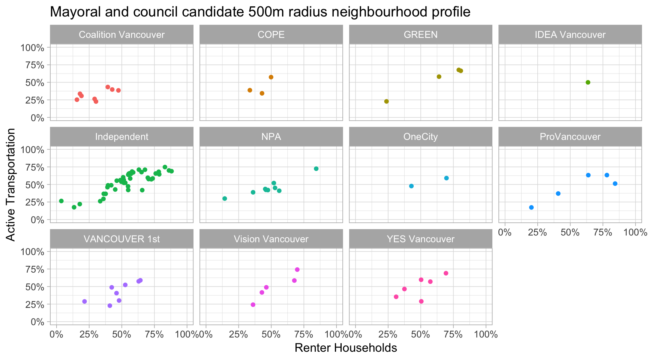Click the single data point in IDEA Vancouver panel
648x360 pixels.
pos(588,82)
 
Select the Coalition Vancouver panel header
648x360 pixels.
pos(121,35)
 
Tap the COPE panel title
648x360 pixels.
pos(271,35)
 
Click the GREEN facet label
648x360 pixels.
pos(420,35)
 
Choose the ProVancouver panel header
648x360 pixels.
pos(570,137)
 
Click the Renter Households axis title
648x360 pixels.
pos(345,348)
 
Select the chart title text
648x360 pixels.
pos(260,12)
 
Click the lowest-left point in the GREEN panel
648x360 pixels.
pos(386,101)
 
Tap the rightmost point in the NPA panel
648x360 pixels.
pos(316,169)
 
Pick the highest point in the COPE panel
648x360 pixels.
pos(271,77)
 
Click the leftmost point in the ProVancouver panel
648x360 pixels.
pos(531,207)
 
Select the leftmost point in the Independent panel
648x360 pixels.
pos(61,201)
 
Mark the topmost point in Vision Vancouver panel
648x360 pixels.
pos(297,270)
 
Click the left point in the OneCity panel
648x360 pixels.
pos(411,186)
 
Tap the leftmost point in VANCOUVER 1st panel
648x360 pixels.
pos(84,301)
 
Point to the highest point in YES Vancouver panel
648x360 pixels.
pos(446,273)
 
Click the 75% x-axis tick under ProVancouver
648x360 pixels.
pos(603,232)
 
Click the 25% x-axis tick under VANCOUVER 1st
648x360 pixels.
pos(89,334)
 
